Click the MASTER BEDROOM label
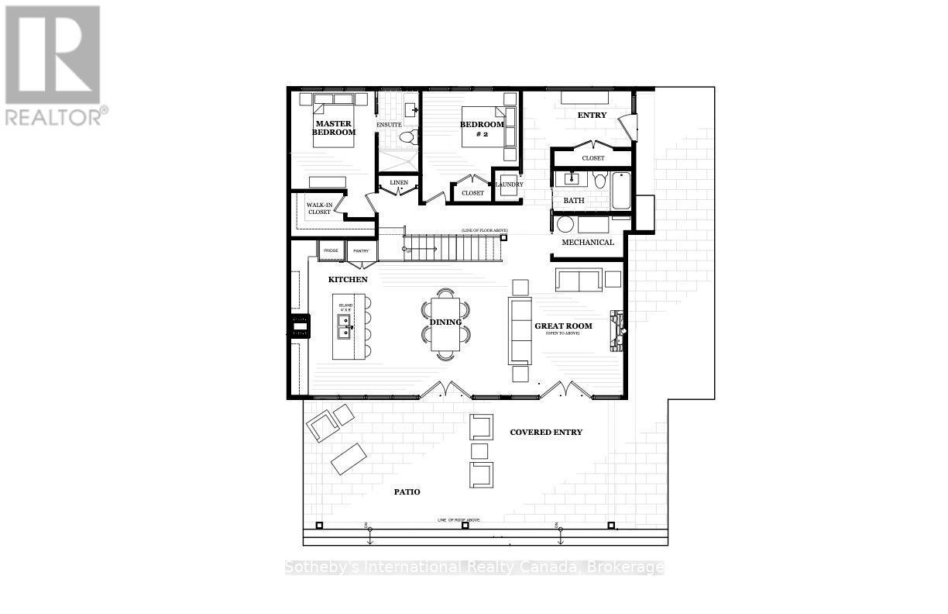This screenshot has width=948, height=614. click(x=334, y=128)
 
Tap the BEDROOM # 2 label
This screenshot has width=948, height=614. click(x=482, y=129)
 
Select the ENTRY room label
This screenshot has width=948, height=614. click(x=592, y=116)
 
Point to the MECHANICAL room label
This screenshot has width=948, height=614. click(x=587, y=242)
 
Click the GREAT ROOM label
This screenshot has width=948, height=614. click(x=563, y=326)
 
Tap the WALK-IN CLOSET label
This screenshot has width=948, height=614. click(x=318, y=209)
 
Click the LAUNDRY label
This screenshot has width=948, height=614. click(x=509, y=185)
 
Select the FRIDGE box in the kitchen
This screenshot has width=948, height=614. click(x=331, y=251)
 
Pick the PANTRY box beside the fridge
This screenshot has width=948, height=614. click(x=361, y=251)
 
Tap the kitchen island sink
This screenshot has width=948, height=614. click(x=343, y=323)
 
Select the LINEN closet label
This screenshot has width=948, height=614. click(x=399, y=183)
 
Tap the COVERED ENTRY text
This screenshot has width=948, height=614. click(x=545, y=432)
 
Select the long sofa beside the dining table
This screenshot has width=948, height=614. click(x=520, y=330)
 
